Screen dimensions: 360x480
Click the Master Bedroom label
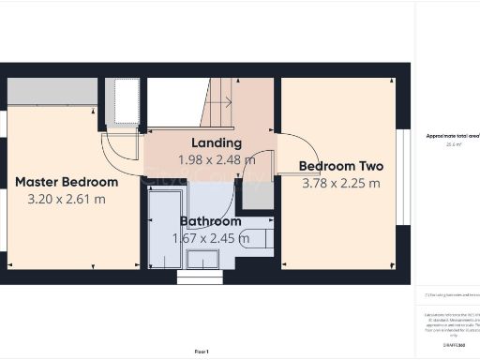[x=67, y=181]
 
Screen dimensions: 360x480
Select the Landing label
[x=217, y=143]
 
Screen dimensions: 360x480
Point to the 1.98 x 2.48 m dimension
[x=217, y=159]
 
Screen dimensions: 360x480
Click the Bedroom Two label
[x=341, y=167]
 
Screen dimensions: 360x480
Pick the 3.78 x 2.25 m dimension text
[x=341, y=183]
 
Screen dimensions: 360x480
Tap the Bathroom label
[x=211, y=222]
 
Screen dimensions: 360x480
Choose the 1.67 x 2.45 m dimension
[x=211, y=238]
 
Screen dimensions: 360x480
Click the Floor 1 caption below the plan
[x=202, y=351]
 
